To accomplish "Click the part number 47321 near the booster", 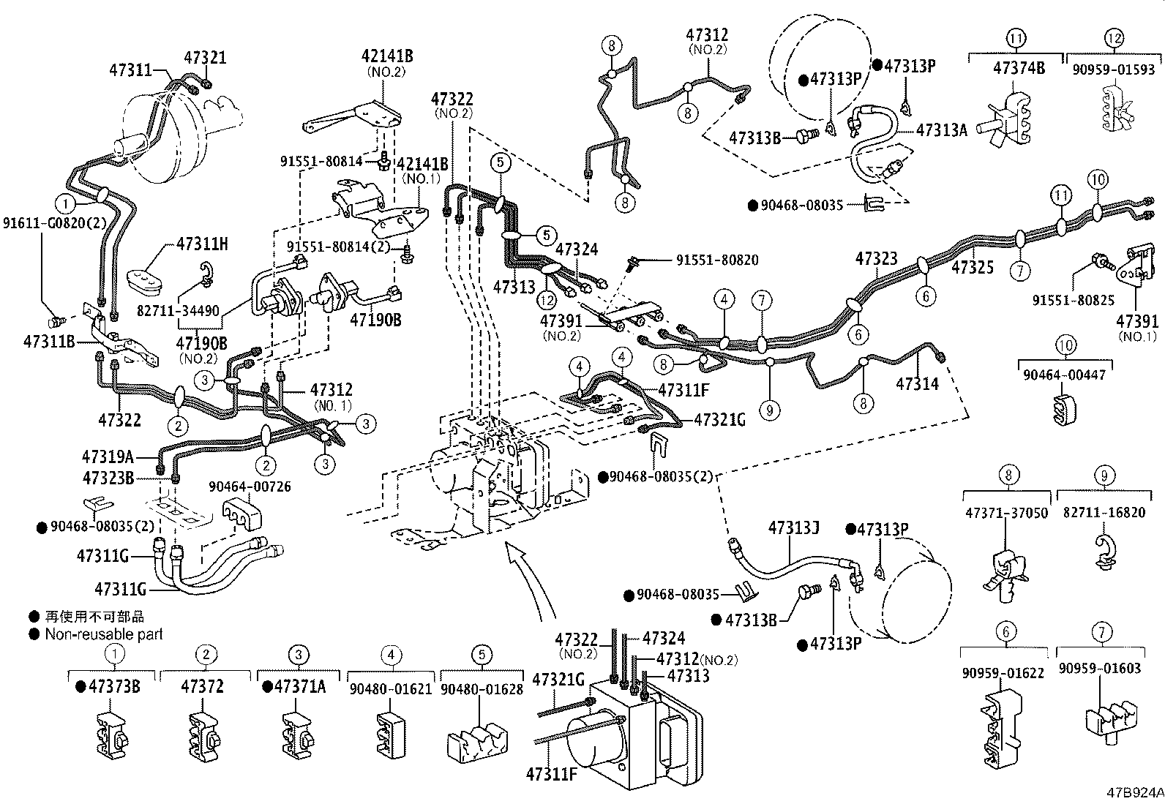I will pos(205,58).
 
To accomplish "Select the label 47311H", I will pos(202,244).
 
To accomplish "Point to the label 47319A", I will pos(108,457).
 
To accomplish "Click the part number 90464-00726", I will pos(250,486).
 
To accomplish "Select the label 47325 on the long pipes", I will pos(973,268).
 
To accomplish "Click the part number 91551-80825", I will pos(1074,300).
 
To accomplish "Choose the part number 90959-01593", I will pos(1114,69).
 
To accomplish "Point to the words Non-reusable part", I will pos(104,634).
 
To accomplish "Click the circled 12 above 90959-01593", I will pos(1114,38).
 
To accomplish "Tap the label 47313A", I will pos(942,130).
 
